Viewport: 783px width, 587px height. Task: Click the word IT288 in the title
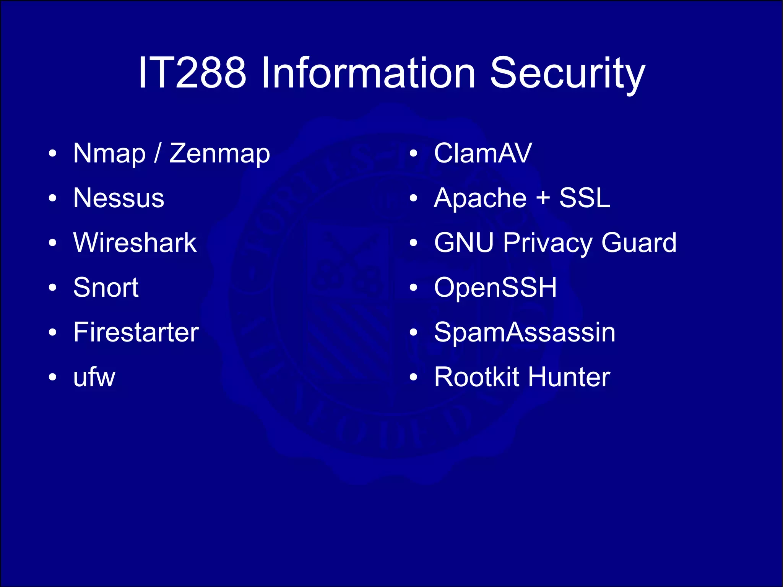pos(192,73)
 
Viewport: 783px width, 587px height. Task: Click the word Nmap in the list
pos(109,154)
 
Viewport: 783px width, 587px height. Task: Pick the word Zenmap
pos(220,154)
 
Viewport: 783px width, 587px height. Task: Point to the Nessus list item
pos(119,198)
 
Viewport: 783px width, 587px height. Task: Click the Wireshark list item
pos(135,243)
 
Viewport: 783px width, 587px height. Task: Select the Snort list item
pos(106,288)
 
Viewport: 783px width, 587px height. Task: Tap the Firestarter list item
pos(136,332)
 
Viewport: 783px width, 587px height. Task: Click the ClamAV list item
pos(483,153)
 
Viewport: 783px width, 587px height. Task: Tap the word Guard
pos(639,243)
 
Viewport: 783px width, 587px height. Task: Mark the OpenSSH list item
pos(495,288)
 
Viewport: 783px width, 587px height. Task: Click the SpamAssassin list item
pos(525,332)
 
